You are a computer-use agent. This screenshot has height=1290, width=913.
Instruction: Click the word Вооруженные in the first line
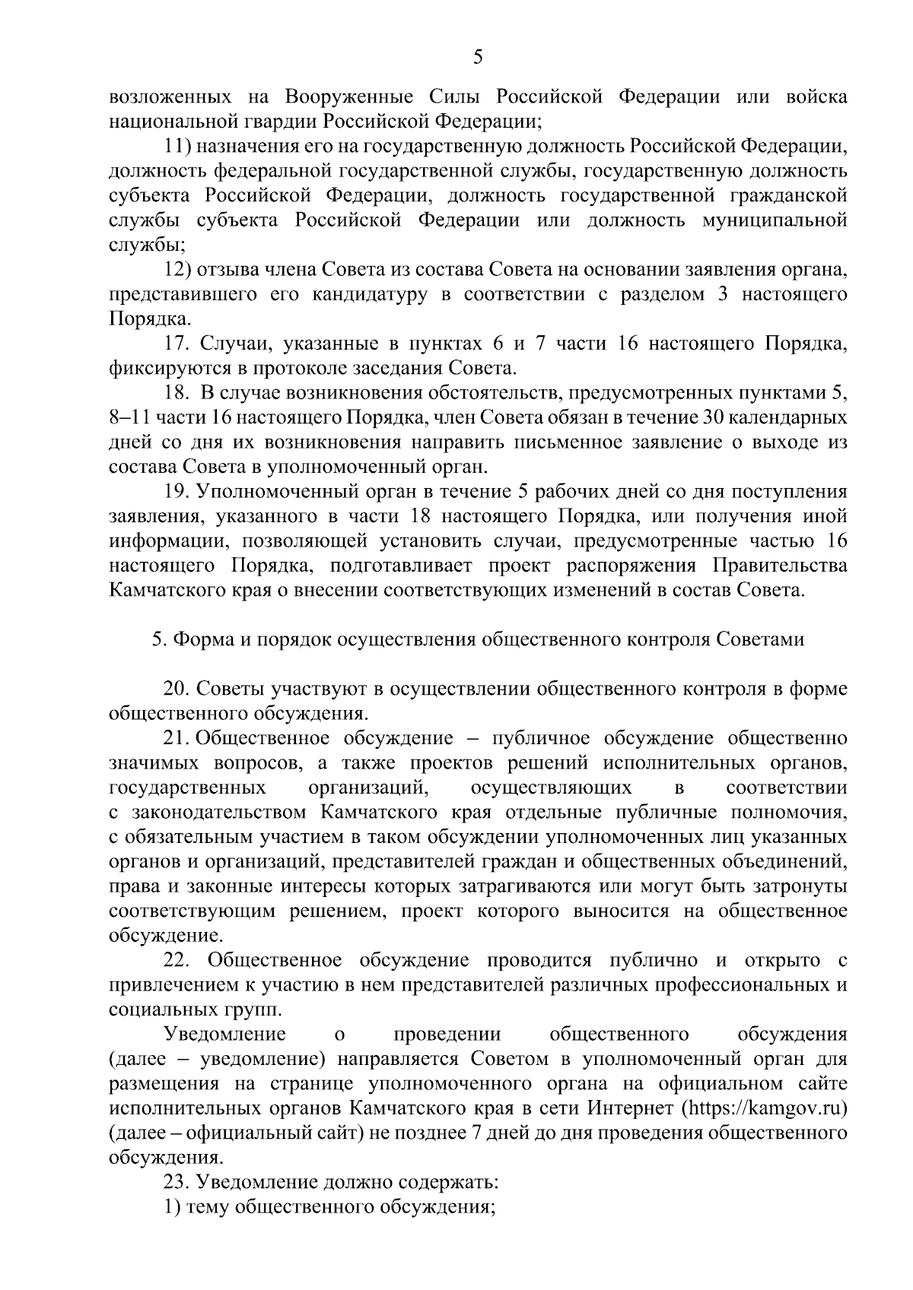pyautogui.click(x=356, y=97)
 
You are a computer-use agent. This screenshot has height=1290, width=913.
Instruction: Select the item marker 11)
pyautogui.click(x=179, y=146)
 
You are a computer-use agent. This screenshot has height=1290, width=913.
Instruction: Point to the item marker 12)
pyautogui.click(x=179, y=270)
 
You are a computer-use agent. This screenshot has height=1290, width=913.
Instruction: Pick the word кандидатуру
pyautogui.click(x=369, y=294)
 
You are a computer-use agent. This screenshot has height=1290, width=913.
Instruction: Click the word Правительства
pyautogui.click(x=779, y=566)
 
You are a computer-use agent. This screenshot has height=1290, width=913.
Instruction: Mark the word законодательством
pyautogui.click(x=219, y=813)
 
